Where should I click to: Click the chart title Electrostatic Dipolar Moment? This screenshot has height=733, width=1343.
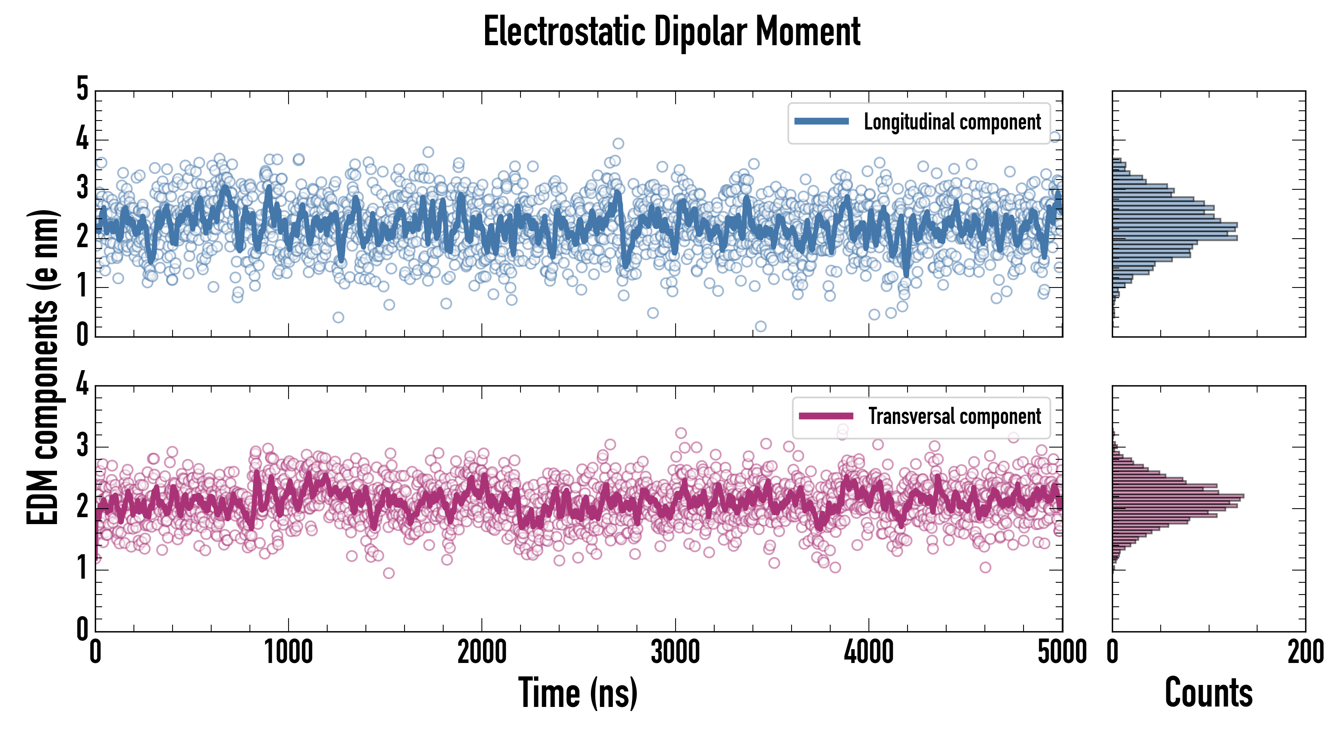tap(671, 31)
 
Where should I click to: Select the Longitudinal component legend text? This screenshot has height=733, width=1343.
tap(952, 122)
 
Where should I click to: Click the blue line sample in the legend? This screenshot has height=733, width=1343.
tap(821, 122)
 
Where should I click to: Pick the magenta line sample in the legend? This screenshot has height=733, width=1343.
tap(826, 416)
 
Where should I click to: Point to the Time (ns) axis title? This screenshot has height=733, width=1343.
tap(577, 692)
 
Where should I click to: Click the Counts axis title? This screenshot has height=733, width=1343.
tap(1208, 692)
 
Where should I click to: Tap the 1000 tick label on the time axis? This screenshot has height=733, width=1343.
tap(288, 652)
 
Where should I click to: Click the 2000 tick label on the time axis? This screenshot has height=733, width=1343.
tap(482, 652)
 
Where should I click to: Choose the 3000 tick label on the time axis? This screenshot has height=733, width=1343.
tap(675, 652)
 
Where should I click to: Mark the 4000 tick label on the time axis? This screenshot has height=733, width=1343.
tap(868, 652)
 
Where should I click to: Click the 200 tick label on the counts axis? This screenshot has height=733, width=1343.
tap(1305, 652)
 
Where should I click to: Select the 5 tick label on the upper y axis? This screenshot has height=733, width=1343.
tap(82, 89)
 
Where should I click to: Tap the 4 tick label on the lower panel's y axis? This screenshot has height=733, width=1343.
tap(82, 384)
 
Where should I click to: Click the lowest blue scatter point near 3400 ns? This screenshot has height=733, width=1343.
tap(761, 327)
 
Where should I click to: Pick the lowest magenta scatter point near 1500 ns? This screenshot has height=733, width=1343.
tap(388, 573)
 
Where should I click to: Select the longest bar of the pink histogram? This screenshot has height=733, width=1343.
tap(1178, 496)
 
